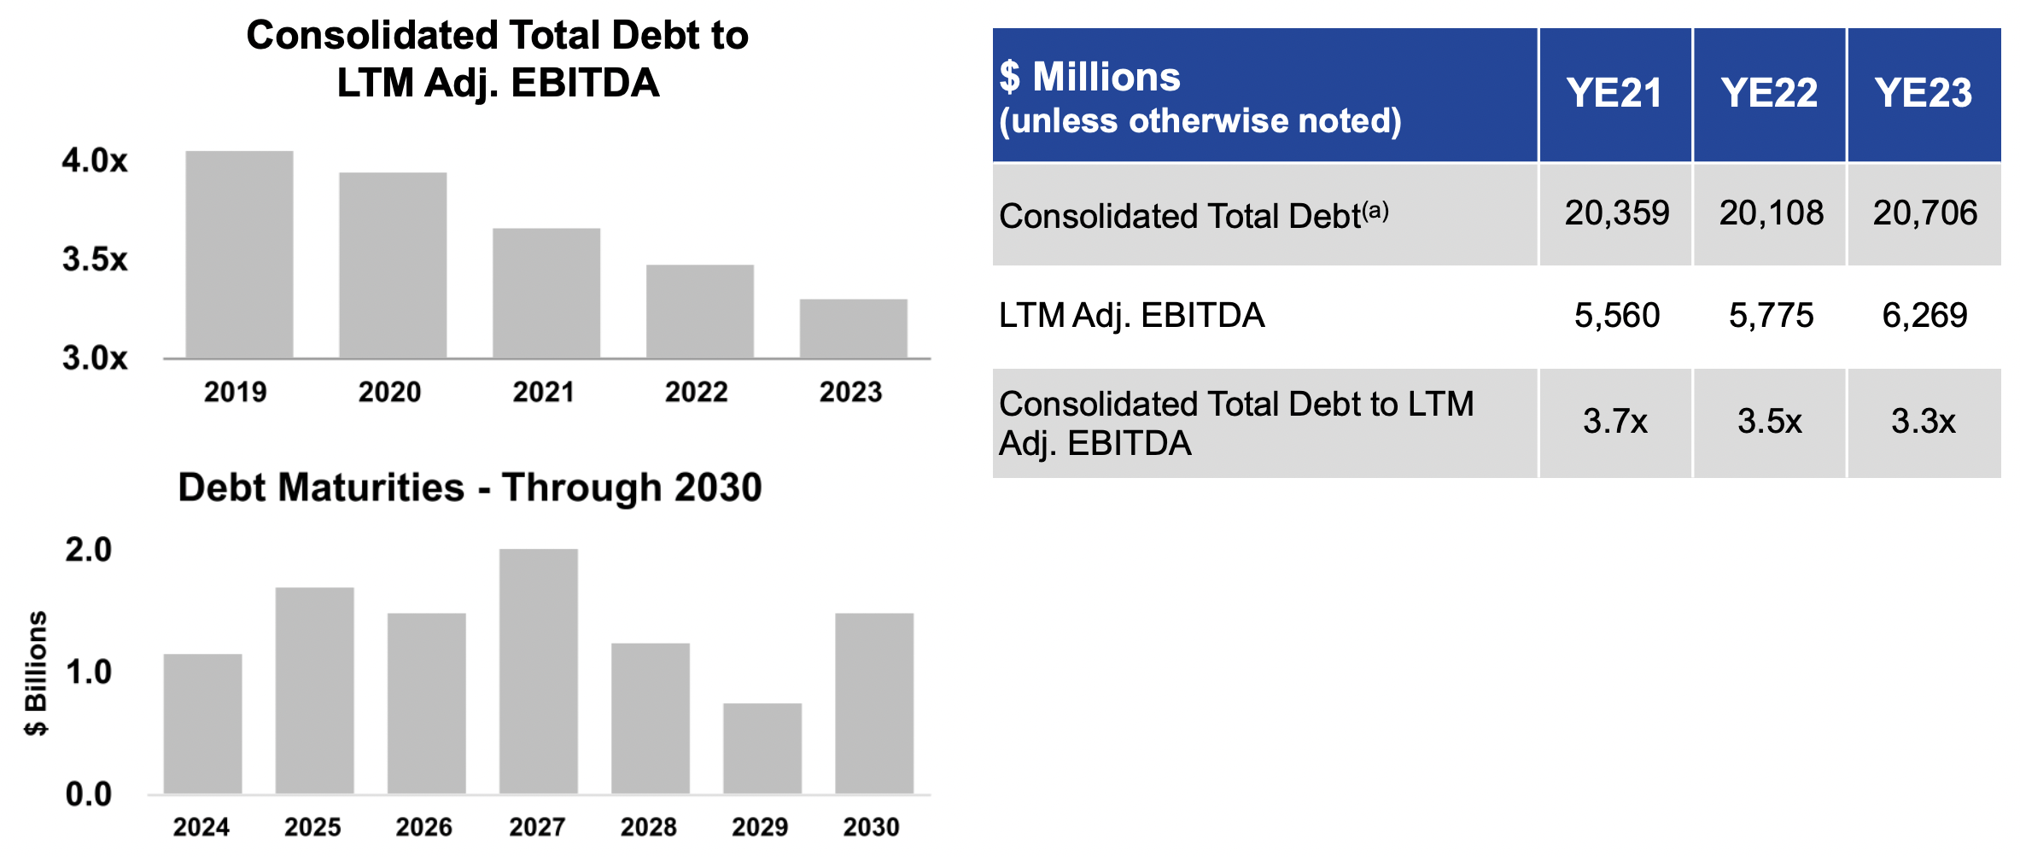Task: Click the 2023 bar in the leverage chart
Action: (x=853, y=329)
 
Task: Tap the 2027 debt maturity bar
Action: (x=538, y=671)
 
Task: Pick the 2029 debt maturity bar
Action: (x=762, y=749)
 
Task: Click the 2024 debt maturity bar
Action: (x=202, y=724)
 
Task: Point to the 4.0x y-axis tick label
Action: (x=95, y=160)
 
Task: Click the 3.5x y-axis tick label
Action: (x=95, y=259)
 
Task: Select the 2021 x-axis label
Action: (x=543, y=392)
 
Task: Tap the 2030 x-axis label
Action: (x=871, y=826)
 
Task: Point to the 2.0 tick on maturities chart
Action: (x=88, y=550)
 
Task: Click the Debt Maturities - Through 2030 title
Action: (x=470, y=487)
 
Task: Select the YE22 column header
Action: (x=1769, y=93)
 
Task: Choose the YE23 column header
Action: (x=1923, y=93)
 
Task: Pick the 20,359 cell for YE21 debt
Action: (x=1616, y=213)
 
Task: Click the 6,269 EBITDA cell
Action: (x=1924, y=316)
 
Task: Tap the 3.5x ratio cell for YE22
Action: (x=1769, y=422)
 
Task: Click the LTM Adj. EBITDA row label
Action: (x=1131, y=316)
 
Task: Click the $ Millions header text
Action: (x=1090, y=78)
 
